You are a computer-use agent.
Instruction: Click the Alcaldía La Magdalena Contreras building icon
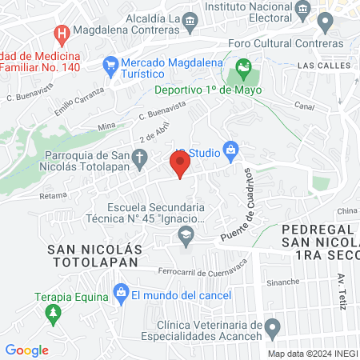pyautogui.click(x=190, y=25)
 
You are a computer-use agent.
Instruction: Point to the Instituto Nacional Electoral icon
pyautogui.click(x=302, y=10)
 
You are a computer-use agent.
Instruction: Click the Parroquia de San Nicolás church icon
pyautogui.click(x=141, y=159)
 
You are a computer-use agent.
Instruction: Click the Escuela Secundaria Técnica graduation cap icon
pyautogui.click(x=186, y=234)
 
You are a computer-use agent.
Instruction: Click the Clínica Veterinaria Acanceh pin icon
pyautogui.click(x=273, y=326)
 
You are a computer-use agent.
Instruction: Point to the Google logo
pyautogui.click(x=27, y=350)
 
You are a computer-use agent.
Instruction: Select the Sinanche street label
pyautogui.click(x=283, y=282)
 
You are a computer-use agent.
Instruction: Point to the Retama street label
pyautogui.click(x=53, y=194)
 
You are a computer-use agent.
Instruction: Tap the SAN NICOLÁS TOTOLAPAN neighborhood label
pyautogui.click(x=95, y=255)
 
